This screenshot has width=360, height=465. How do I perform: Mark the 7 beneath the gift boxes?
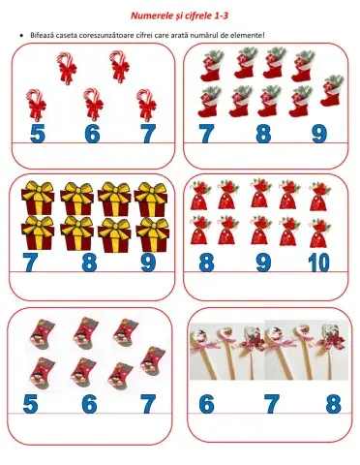[32, 262]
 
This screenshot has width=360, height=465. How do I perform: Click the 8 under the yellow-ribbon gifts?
[89, 262]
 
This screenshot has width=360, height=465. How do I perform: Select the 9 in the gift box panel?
[147, 262]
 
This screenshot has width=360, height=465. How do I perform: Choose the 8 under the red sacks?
[207, 262]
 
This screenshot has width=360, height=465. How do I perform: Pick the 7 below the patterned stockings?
[147, 403]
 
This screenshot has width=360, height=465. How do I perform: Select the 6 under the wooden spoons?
[207, 403]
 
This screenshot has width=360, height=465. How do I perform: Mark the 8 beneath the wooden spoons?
[333, 403]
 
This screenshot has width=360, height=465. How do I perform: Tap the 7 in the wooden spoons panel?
[271, 403]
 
